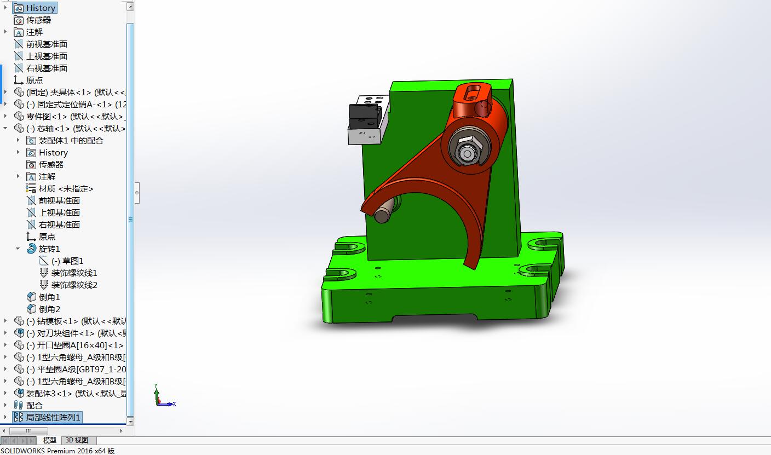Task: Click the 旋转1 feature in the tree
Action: [x=49, y=249]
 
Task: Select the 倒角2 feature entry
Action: [x=49, y=309]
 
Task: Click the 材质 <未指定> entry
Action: [x=66, y=188]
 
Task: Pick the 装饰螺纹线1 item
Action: [x=74, y=273]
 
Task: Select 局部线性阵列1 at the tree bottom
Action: [x=53, y=417]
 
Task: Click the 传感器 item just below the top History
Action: [x=38, y=20]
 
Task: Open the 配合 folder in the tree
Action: [x=34, y=405]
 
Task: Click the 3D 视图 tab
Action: [x=77, y=440]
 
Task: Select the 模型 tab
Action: [x=49, y=440]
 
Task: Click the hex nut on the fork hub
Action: [x=467, y=148]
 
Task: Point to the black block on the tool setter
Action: [x=364, y=115]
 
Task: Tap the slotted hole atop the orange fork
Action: [x=471, y=94]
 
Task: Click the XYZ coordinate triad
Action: [x=160, y=398]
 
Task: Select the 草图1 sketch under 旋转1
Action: [x=72, y=261]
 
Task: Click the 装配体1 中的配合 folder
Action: [x=71, y=140]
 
